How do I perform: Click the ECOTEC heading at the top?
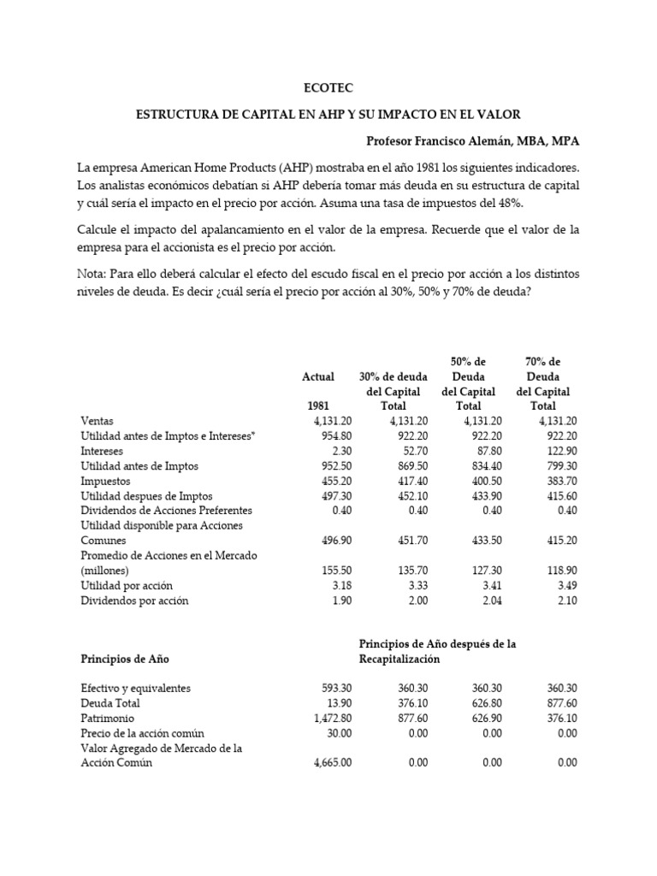(x=328, y=87)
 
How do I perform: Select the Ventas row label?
(x=97, y=421)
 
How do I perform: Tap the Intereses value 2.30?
(x=340, y=451)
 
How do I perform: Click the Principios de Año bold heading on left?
(x=124, y=659)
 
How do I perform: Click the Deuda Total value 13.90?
(x=338, y=703)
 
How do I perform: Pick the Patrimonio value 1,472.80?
(x=330, y=719)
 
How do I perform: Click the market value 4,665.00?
(x=330, y=763)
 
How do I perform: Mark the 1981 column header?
(x=318, y=406)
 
